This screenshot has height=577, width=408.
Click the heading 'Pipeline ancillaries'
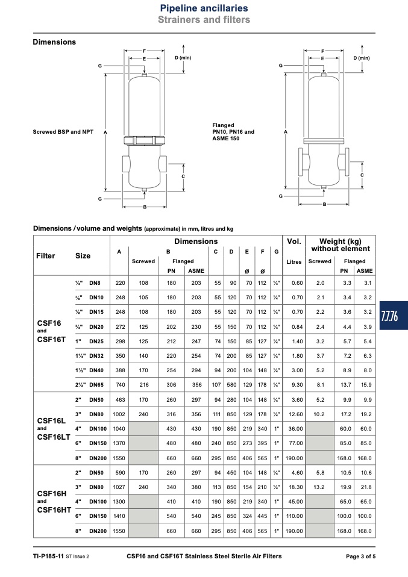[x=204, y=8]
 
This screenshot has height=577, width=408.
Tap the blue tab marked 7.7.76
[x=394, y=316]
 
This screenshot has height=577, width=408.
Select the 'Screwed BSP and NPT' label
[x=63, y=132]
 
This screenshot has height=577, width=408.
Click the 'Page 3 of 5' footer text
[x=360, y=557]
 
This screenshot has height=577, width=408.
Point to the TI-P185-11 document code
[x=48, y=557]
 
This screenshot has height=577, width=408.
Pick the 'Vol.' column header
[x=294, y=242]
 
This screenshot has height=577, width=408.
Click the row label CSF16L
[x=51, y=420]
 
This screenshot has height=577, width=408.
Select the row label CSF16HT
[x=54, y=510]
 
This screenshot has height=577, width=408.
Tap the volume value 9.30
[x=297, y=385]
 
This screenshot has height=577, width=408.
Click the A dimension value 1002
[x=119, y=414]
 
